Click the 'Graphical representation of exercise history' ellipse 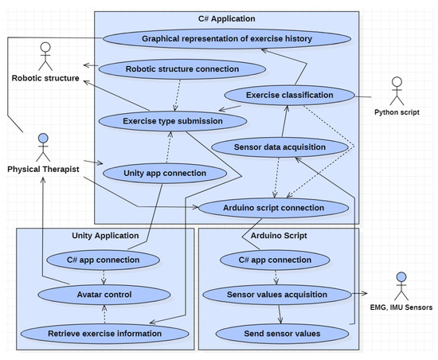[227, 38]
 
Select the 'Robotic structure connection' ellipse [182, 69]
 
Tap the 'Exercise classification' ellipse [290, 95]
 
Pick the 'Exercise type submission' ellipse [173, 121]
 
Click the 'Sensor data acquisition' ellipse [280, 147]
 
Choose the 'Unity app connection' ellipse [165, 173]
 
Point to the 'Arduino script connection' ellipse [274, 208]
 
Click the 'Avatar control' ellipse [104, 295]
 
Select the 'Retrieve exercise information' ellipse [105, 334]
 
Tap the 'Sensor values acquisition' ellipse [277, 295]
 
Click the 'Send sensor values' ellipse [282, 334]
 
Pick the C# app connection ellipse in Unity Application [103, 260]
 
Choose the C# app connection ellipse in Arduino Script [275, 260]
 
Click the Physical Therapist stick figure [43, 147]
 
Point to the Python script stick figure [397, 91]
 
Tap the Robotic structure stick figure [45, 57]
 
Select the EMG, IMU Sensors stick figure [401, 286]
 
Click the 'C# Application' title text [226, 18]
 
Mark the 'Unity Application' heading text [105, 236]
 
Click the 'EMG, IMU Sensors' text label [401, 307]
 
